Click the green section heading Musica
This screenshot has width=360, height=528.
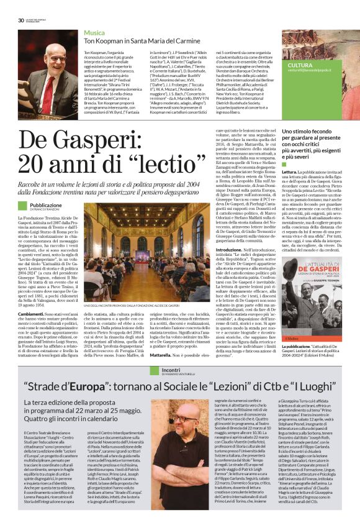pos(94,32)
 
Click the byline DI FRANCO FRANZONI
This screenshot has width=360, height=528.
pos(49,210)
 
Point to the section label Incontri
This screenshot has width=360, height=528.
pos(171,370)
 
